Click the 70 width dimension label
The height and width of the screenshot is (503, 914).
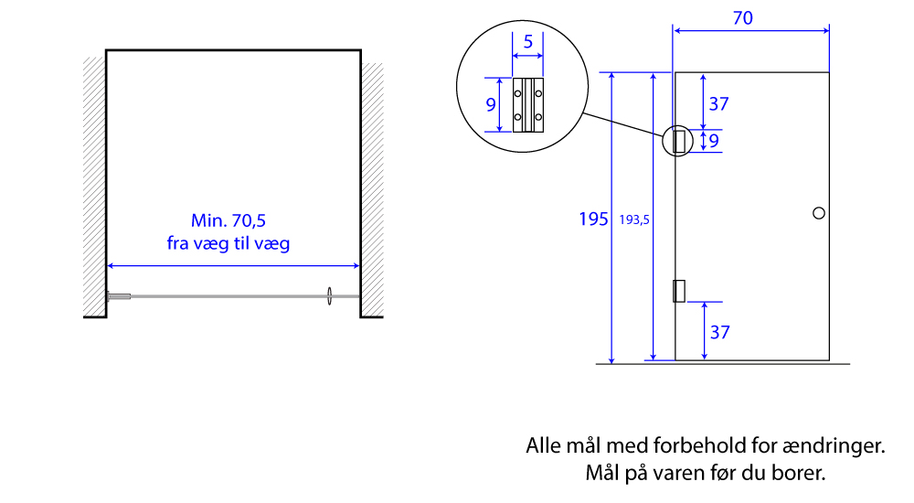click(742, 18)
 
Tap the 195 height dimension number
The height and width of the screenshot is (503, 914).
click(593, 219)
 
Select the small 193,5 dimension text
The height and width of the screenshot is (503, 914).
click(634, 220)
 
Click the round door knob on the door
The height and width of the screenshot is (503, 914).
click(818, 213)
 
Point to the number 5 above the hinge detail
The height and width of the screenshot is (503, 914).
click(528, 41)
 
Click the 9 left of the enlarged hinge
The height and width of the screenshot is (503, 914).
click(491, 104)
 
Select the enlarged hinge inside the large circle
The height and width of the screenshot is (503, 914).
click(528, 105)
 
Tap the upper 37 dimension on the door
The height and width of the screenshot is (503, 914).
click(718, 104)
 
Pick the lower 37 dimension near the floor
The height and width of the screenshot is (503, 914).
click(720, 332)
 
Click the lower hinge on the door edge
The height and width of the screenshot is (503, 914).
click(679, 291)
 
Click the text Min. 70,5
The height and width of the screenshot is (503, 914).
click(228, 220)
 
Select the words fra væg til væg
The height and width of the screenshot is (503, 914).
click(228, 242)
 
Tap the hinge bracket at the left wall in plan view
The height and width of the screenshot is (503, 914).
click(119, 296)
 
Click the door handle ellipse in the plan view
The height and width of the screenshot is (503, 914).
click(329, 295)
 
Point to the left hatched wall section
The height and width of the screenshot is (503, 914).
click(94, 187)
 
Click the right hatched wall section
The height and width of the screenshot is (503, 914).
click(373, 189)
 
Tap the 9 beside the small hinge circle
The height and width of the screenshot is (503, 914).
click(714, 141)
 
